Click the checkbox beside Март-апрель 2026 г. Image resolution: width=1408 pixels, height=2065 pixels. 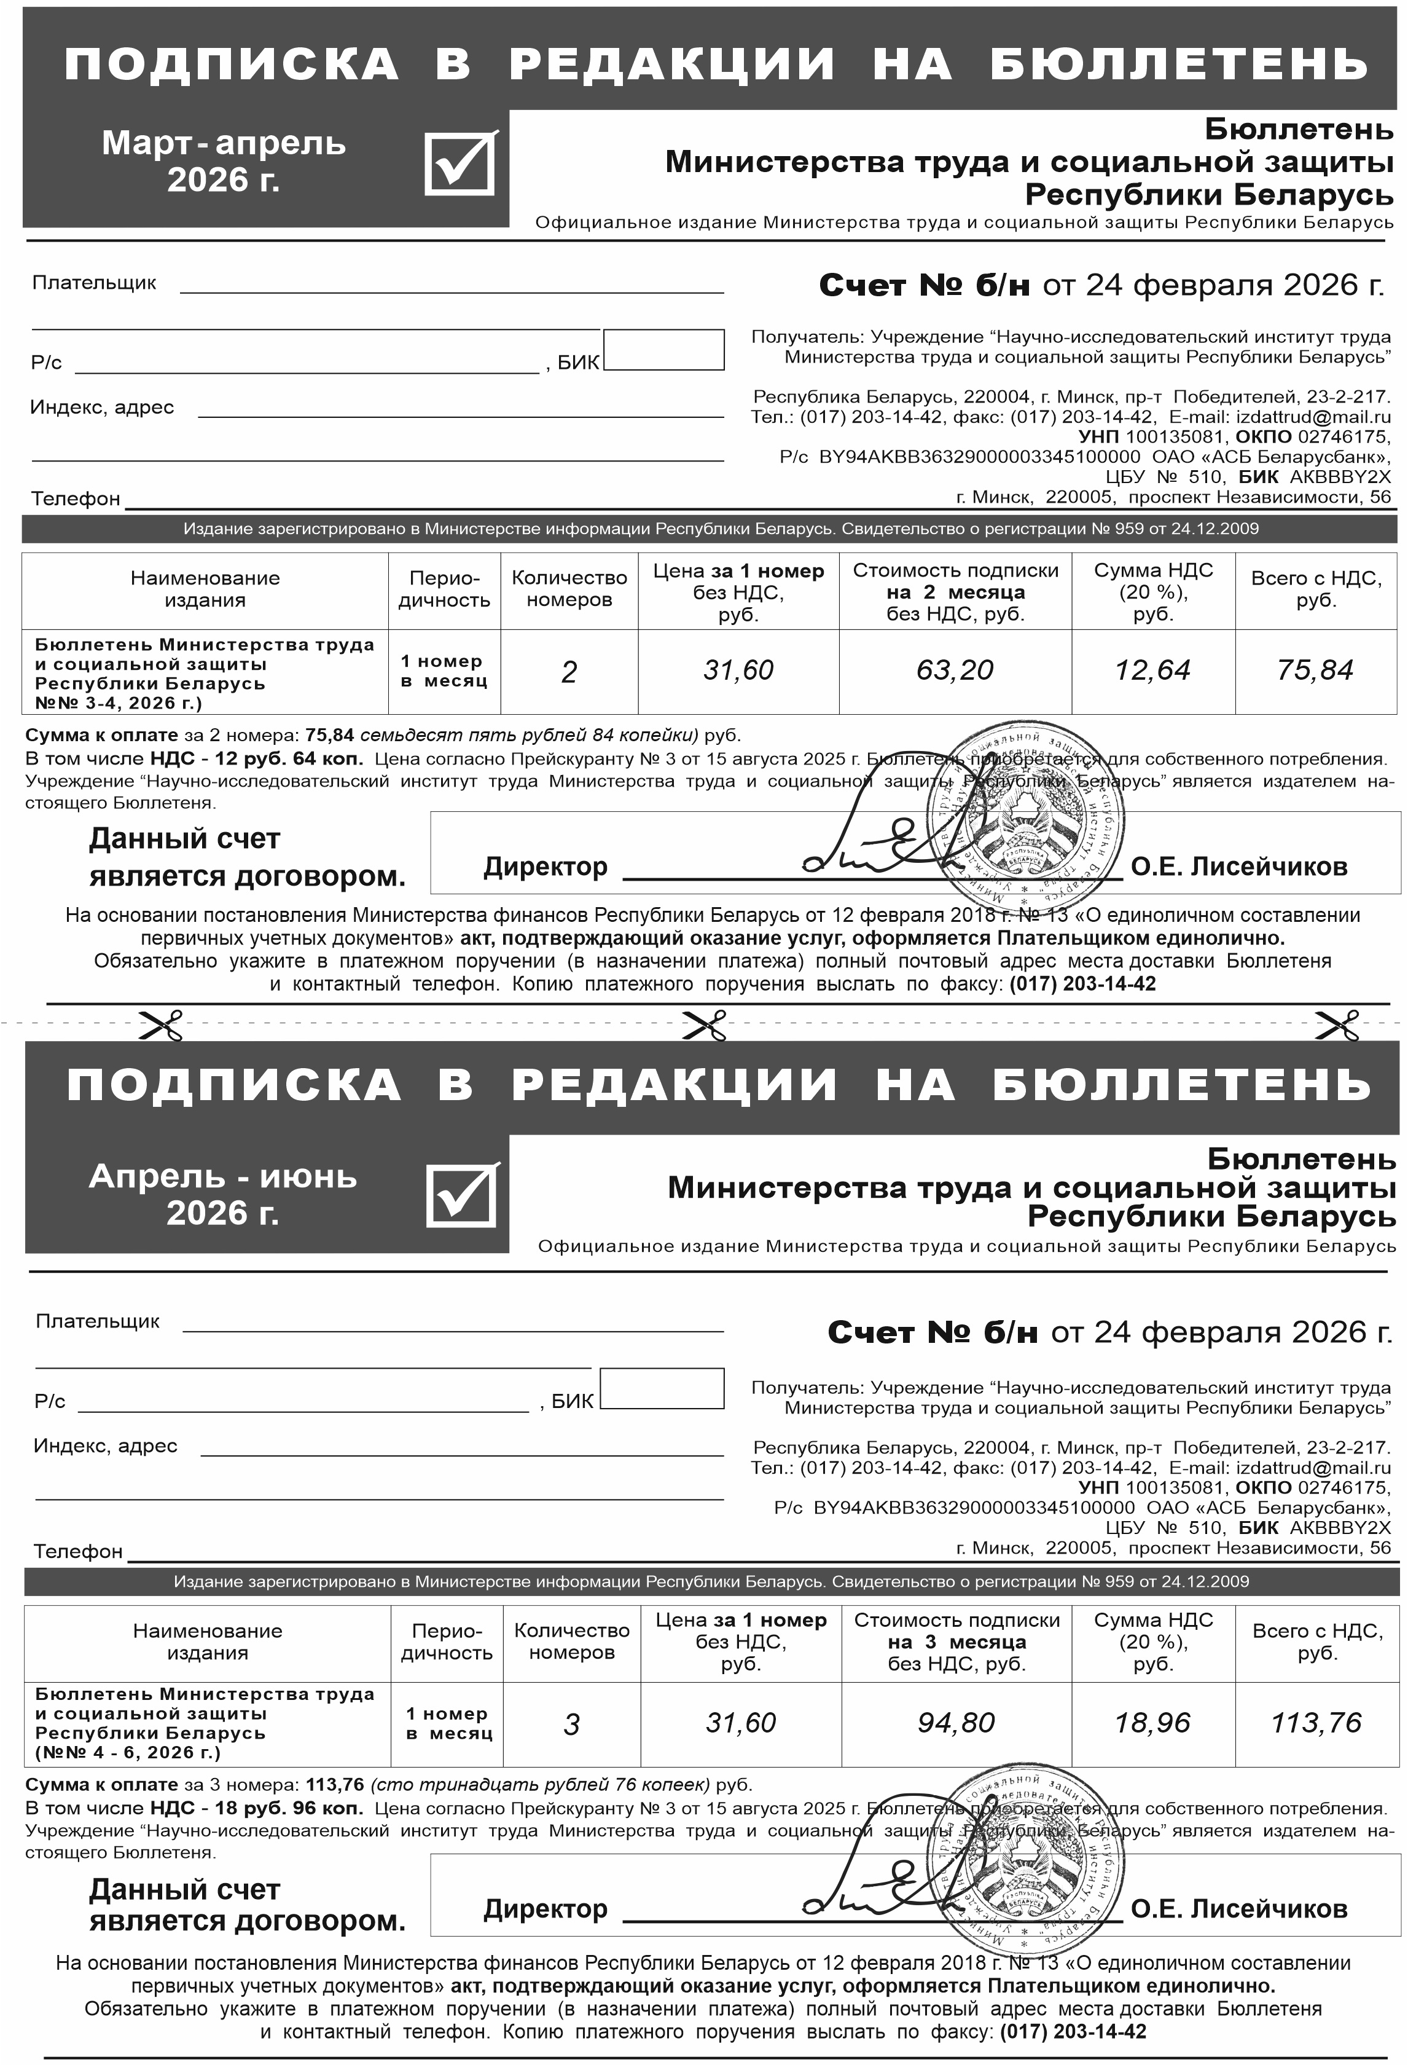coord(460,163)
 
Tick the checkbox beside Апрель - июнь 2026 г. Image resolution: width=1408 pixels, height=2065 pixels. coord(462,1194)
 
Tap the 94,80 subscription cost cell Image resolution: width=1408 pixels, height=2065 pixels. coord(956,1722)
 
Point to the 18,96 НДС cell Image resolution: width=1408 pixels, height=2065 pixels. coord(1152,1722)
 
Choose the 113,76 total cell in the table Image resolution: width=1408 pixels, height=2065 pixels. coord(1316,1722)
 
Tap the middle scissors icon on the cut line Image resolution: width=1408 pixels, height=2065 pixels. coord(705,1025)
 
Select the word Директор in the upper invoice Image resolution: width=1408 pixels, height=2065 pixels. coord(546,867)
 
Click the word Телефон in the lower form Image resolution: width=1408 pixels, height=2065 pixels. coord(78,1551)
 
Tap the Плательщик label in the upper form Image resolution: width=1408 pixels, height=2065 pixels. coord(94,283)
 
